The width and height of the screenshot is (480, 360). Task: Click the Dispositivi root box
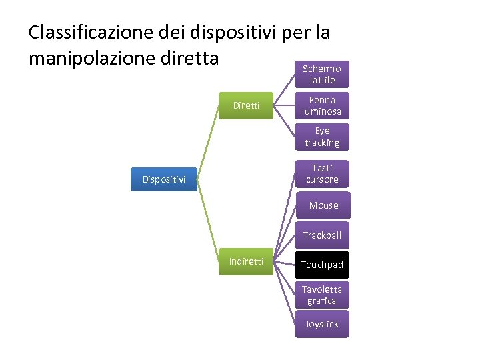click(164, 179)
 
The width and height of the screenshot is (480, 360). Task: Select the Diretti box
click(246, 105)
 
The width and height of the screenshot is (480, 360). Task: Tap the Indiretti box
click(246, 261)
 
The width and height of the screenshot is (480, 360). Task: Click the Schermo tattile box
click(322, 75)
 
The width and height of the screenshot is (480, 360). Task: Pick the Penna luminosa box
click(322, 106)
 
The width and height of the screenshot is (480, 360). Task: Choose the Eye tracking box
click(322, 137)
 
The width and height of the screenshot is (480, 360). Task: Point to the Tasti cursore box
click(322, 174)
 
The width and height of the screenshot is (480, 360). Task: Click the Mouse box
click(323, 205)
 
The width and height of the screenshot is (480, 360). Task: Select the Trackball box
click(322, 235)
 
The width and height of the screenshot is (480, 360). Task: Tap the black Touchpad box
click(322, 265)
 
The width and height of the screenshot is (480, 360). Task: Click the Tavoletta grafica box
click(322, 295)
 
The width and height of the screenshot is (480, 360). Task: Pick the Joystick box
click(322, 324)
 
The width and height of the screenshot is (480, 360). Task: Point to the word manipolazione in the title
click(93, 58)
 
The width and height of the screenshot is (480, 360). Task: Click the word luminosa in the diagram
click(322, 112)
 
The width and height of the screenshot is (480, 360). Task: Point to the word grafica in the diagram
click(322, 301)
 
